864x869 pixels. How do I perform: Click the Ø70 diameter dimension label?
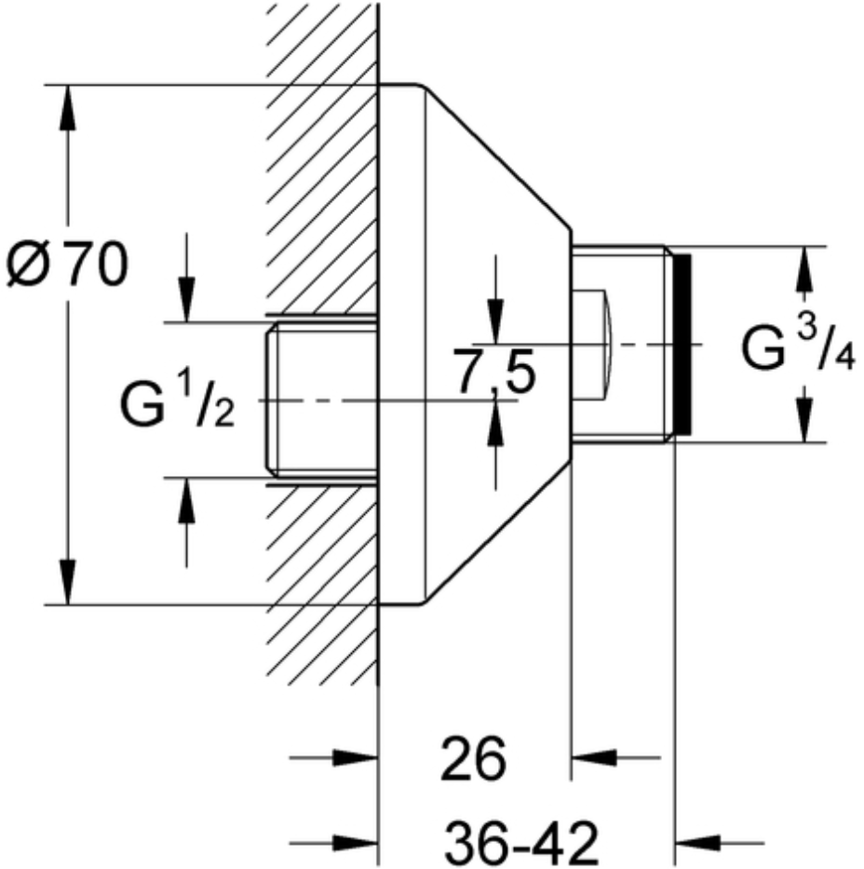67,265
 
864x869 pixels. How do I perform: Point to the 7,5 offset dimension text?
494,371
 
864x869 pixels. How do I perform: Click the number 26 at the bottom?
474,759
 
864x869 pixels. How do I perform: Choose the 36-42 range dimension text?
522,844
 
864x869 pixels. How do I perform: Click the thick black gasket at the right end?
683,344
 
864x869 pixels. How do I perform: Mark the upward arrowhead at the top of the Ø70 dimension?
68,107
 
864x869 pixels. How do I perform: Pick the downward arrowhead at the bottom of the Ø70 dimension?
68,582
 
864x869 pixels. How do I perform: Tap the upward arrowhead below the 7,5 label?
495,423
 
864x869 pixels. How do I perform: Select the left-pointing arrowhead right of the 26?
594,757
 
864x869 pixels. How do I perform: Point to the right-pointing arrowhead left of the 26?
355,757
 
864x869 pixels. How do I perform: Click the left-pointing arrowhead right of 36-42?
697,843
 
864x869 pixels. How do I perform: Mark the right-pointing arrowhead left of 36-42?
355,843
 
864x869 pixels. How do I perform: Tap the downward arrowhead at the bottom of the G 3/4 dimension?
804,420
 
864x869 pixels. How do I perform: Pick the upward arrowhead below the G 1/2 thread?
186,499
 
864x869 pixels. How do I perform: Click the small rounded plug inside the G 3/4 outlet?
591,344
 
